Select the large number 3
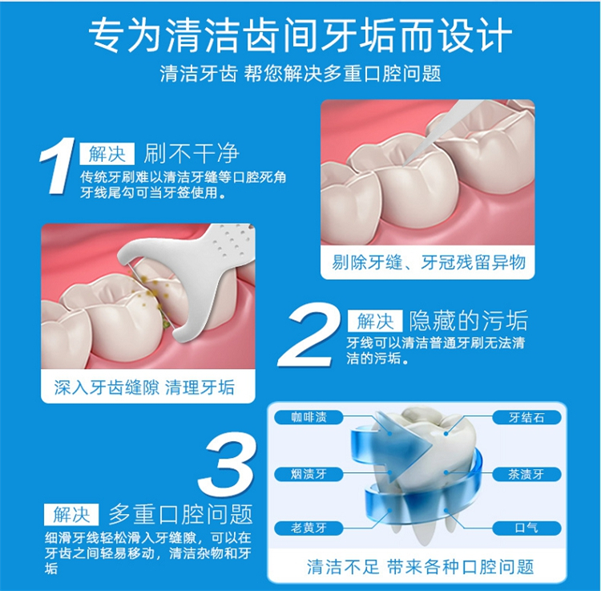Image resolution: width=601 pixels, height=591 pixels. pyautogui.click(x=226, y=464)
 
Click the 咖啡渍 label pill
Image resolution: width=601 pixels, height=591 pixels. pyautogui.click(x=309, y=417)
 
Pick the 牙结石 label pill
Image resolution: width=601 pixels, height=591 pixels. pyautogui.click(x=526, y=417)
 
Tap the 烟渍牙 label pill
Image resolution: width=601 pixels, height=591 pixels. pyautogui.click(x=309, y=474)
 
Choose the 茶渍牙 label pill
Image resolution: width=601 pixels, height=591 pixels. pyautogui.click(x=526, y=474)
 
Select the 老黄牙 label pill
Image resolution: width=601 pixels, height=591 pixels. pyautogui.click(x=309, y=528)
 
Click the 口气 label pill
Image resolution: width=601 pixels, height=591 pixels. pyautogui.click(x=526, y=528)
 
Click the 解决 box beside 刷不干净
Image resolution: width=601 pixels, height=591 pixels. pyautogui.click(x=107, y=154)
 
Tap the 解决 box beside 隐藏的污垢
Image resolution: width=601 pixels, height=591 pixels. pyautogui.click(x=375, y=321)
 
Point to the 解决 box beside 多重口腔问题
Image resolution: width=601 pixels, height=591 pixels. pyautogui.click(x=71, y=514)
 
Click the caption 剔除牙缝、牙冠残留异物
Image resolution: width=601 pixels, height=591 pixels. pyautogui.click(x=428, y=263)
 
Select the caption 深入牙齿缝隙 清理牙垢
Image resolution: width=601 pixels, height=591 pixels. pyautogui.click(x=144, y=387)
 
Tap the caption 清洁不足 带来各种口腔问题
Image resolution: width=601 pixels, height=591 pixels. pyautogui.click(x=420, y=567)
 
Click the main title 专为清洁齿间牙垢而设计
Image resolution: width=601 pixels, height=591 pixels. pyautogui.click(x=300, y=35)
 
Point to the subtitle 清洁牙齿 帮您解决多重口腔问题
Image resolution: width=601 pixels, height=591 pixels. pyautogui.click(x=300, y=73)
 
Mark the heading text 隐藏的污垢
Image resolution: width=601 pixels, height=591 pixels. pyautogui.click(x=469, y=321)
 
